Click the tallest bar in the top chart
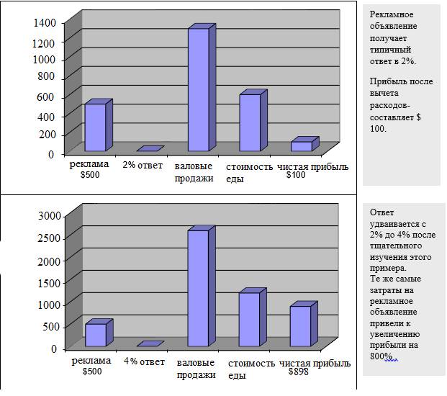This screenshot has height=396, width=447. click(x=198, y=89)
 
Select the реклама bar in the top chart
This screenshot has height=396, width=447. click(x=95, y=127)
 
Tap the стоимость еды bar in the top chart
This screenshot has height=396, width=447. click(x=250, y=122)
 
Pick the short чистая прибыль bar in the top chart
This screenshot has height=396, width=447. click(x=302, y=146)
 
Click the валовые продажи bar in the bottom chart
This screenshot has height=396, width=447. click(x=198, y=288)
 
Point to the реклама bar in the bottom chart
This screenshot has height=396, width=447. click(x=95, y=335)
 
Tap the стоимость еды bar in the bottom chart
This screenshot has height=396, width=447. click(x=250, y=319)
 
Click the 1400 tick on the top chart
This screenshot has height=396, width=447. click(x=44, y=23)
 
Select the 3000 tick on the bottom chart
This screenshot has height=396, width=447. click(x=48, y=215)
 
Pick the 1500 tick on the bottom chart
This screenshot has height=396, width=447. click(x=48, y=282)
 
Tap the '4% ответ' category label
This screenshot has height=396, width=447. click(x=145, y=362)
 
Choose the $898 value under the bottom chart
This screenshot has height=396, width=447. click(x=298, y=372)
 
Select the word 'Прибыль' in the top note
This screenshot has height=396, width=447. click(x=387, y=81)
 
